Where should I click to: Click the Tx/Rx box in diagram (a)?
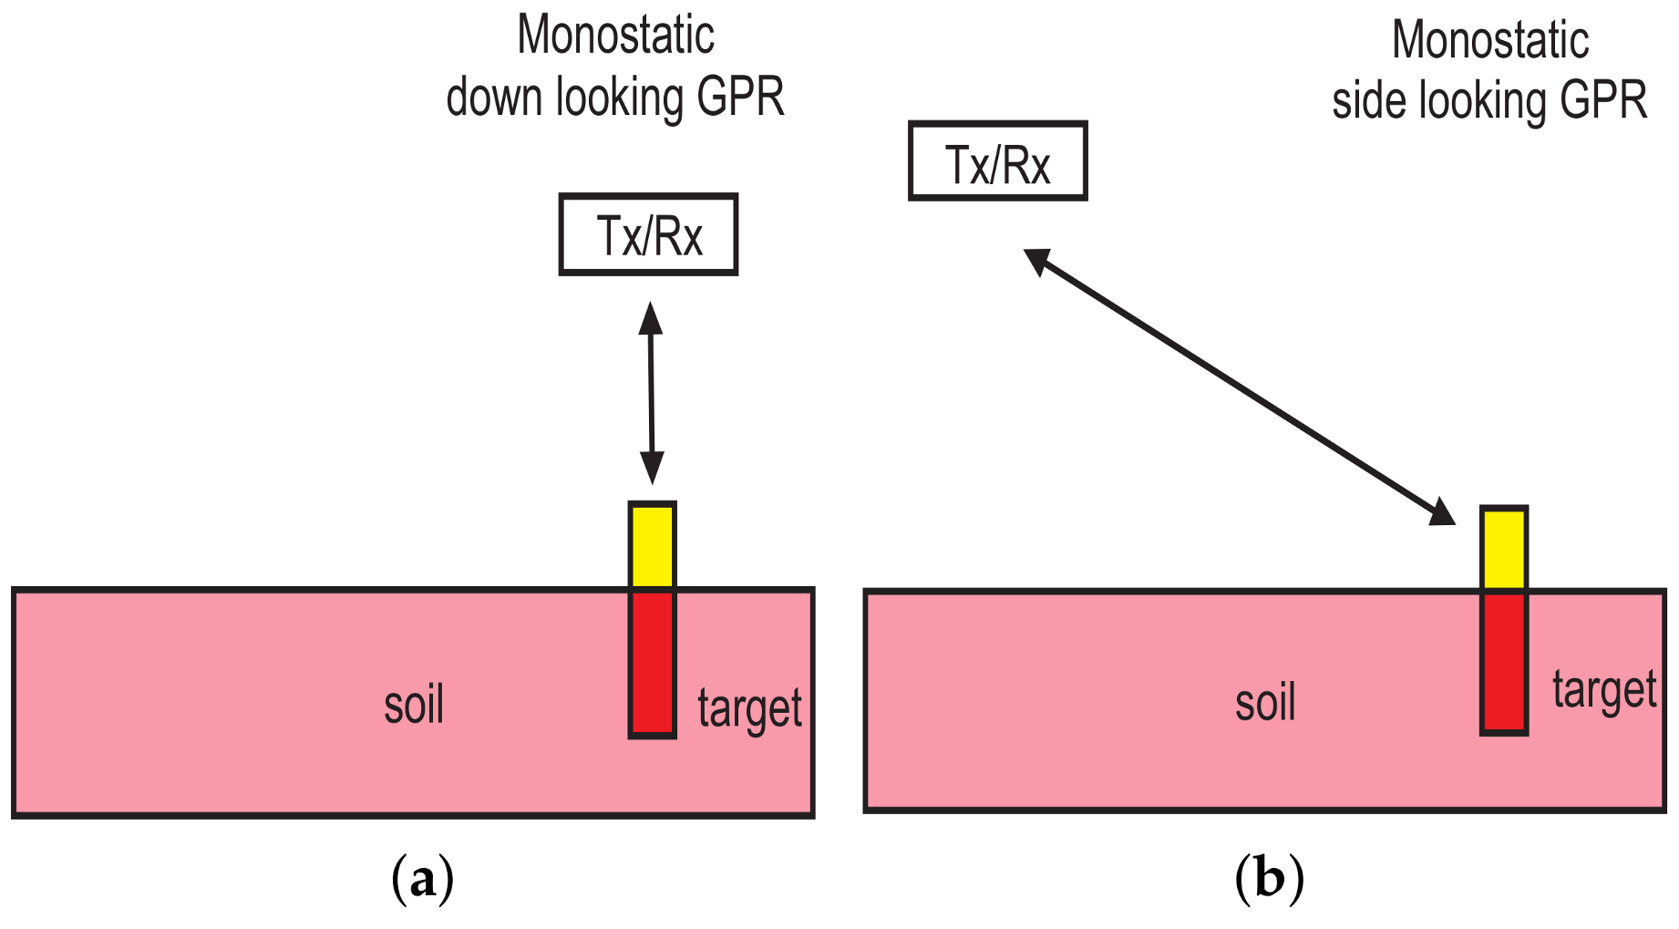pos(648,234)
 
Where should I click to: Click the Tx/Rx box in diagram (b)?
pos(998,161)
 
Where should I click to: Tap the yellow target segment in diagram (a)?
pos(652,545)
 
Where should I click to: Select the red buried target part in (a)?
pos(652,663)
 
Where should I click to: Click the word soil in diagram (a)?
pos(414,707)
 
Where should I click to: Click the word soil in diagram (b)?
pos(1265,703)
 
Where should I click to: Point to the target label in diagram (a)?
pos(749,709)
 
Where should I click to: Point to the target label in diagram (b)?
pos(1603,691)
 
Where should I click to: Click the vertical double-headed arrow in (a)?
pos(651,392)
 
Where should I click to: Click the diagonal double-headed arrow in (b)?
pos(1240,387)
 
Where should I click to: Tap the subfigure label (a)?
pos(422,879)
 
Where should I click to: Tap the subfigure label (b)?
pos(1269,879)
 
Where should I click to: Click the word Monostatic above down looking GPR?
pos(615,36)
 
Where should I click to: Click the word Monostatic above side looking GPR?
pos(1490,41)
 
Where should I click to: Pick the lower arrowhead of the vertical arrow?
pos(652,469)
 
